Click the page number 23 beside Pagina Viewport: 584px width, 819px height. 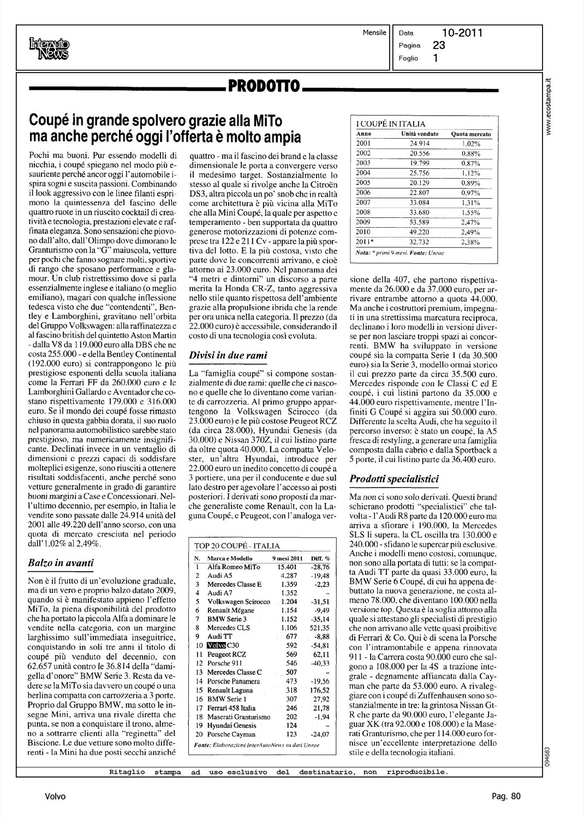pyautogui.click(x=439, y=46)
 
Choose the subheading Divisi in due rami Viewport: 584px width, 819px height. pyautogui.click(x=228, y=355)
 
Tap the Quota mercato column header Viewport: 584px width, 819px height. pyautogui.click(x=471, y=134)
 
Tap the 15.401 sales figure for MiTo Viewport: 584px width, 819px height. pyautogui.click(x=284, y=567)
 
